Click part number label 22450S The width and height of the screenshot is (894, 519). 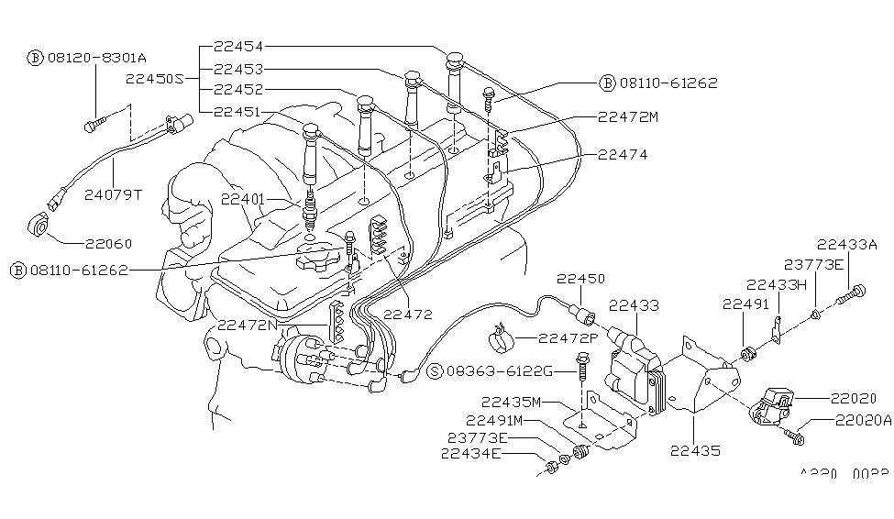click(153, 78)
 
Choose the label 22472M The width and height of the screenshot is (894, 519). click(628, 116)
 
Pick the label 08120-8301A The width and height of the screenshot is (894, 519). click(92, 57)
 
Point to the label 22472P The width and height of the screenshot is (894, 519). click(568, 338)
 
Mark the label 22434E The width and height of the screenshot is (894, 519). click(470, 452)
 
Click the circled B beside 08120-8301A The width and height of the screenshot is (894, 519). click(35, 57)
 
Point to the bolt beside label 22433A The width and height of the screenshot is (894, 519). click(853, 293)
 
